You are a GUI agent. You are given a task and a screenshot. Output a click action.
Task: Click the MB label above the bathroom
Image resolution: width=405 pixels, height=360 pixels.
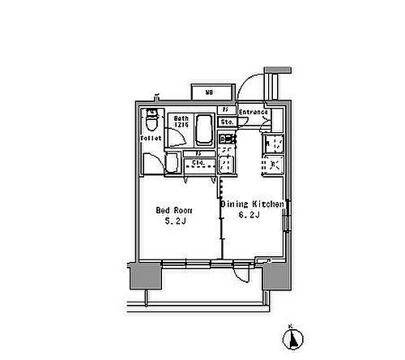(x=210, y=92)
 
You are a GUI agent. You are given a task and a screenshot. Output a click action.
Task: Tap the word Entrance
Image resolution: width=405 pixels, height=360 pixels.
(x=253, y=112)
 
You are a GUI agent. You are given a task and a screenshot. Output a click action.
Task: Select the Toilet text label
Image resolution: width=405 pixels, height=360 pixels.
(x=151, y=139)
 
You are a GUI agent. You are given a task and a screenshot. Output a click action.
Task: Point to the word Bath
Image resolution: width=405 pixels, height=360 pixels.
(x=181, y=118)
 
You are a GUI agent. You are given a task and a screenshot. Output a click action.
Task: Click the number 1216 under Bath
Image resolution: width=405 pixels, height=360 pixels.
(x=181, y=126)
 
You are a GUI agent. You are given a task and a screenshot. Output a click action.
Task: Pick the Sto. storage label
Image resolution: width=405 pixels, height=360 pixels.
(x=228, y=122)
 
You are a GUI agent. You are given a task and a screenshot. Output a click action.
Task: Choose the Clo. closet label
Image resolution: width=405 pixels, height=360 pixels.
(x=195, y=162)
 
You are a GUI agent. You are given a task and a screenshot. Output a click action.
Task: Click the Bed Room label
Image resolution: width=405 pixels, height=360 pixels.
(x=173, y=209)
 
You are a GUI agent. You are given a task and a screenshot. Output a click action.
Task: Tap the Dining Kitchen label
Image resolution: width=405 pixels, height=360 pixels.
(x=252, y=205)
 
